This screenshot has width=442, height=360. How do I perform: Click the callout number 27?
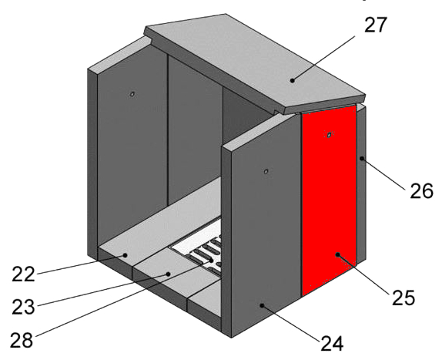(376, 25)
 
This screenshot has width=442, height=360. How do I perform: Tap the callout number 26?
(421, 191)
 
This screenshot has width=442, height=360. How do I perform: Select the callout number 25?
(403, 298)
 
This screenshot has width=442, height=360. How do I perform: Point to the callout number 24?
(332, 343)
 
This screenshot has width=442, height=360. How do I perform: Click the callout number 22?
(23, 274)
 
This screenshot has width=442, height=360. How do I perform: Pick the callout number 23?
(23, 307)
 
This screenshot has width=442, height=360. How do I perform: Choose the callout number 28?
(22, 340)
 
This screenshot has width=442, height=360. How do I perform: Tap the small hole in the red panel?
(329, 135)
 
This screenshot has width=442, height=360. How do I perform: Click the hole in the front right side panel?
(266, 171)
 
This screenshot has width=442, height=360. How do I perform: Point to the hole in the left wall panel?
(132, 94)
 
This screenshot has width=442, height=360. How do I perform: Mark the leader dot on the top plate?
(293, 80)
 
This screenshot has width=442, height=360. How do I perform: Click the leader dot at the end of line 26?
(362, 158)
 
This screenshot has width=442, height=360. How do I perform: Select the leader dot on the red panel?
(338, 254)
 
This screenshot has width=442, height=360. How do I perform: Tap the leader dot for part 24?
(262, 305)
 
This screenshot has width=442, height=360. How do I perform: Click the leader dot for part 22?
(125, 255)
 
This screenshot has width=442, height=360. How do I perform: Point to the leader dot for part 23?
(169, 274)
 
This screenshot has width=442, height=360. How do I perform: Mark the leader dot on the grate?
(212, 260)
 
